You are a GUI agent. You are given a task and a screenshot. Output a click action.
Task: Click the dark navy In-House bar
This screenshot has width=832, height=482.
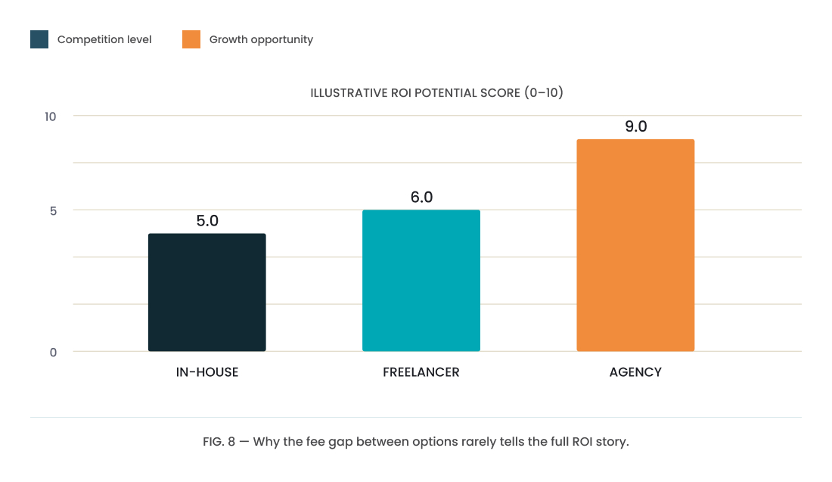pyautogui.click(x=207, y=292)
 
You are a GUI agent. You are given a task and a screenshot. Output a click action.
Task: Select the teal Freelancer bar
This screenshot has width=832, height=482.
pyautogui.click(x=421, y=280)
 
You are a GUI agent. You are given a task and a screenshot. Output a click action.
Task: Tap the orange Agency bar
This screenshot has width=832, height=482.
pyautogui.click(x=635, y=245)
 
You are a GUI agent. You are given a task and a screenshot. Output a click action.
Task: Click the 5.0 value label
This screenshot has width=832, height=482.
pyautogui.click(x=207, y=220)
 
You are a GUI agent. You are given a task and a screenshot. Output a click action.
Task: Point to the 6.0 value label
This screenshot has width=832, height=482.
pyautogui.click(x=421, y=197)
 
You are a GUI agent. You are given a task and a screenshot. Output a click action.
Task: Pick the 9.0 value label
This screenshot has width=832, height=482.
pyautogui.click(x=635, y=126)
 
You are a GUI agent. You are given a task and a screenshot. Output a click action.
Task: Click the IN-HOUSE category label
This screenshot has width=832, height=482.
pyautogui.click(x=207, y=372)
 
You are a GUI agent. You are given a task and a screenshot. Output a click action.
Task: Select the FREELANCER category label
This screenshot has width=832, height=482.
pyautogui.click(x=421, y=372)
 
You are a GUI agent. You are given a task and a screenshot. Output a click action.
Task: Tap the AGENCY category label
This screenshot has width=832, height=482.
pyautogui.click(x=635, y=372)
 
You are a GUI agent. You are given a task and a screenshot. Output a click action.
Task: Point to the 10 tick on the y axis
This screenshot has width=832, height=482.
pyautogui.click(x=51, y=117)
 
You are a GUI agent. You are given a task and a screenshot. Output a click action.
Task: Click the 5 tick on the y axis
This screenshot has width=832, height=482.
pyautogui.click(x=53, y=211)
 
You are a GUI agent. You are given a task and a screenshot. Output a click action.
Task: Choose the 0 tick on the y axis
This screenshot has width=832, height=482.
pyautogui.click(x=53, y=353)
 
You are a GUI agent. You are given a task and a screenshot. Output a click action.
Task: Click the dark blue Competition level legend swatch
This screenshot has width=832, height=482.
pyautogui.click(x=39, y=39)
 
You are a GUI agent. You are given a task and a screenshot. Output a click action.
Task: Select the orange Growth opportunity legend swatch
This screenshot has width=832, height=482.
pyautogui.click(x=191, y=39)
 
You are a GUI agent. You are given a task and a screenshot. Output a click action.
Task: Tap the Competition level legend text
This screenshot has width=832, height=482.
pyautogui.click(x=104, y=40)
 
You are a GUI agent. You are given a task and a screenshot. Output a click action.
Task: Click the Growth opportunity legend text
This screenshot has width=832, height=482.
pyautogui.click(x=261, y=40)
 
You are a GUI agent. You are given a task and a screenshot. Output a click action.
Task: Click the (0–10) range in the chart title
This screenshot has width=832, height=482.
pyautogui.click(x=544, y=93)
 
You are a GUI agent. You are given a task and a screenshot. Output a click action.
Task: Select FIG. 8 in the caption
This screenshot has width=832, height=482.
pyautogui.click(x=219, y=442)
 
